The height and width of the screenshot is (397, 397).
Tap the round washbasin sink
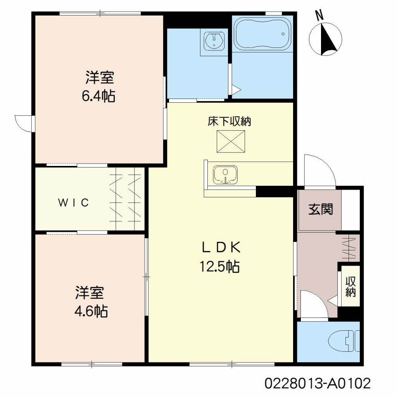(214, 41)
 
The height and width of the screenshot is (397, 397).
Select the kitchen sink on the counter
(225, 175)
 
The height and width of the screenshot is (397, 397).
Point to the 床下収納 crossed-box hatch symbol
(231, 142)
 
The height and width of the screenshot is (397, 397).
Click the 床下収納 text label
(230, 121)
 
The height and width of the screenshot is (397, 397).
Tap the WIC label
(73, 202)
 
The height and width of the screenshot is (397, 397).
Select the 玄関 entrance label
(321, 209)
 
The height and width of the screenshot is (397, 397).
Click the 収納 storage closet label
(350, 286)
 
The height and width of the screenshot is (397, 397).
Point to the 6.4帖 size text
(98, 96)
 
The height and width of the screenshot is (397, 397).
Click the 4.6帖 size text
(91, 311)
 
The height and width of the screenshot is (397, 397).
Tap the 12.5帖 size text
(220, 266)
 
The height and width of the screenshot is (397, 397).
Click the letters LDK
(221, 247)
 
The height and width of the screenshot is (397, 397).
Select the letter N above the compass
(320, 16)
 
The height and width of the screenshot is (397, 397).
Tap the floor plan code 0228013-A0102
(318, 383)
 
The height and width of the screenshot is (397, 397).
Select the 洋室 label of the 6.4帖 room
(100, 78)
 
